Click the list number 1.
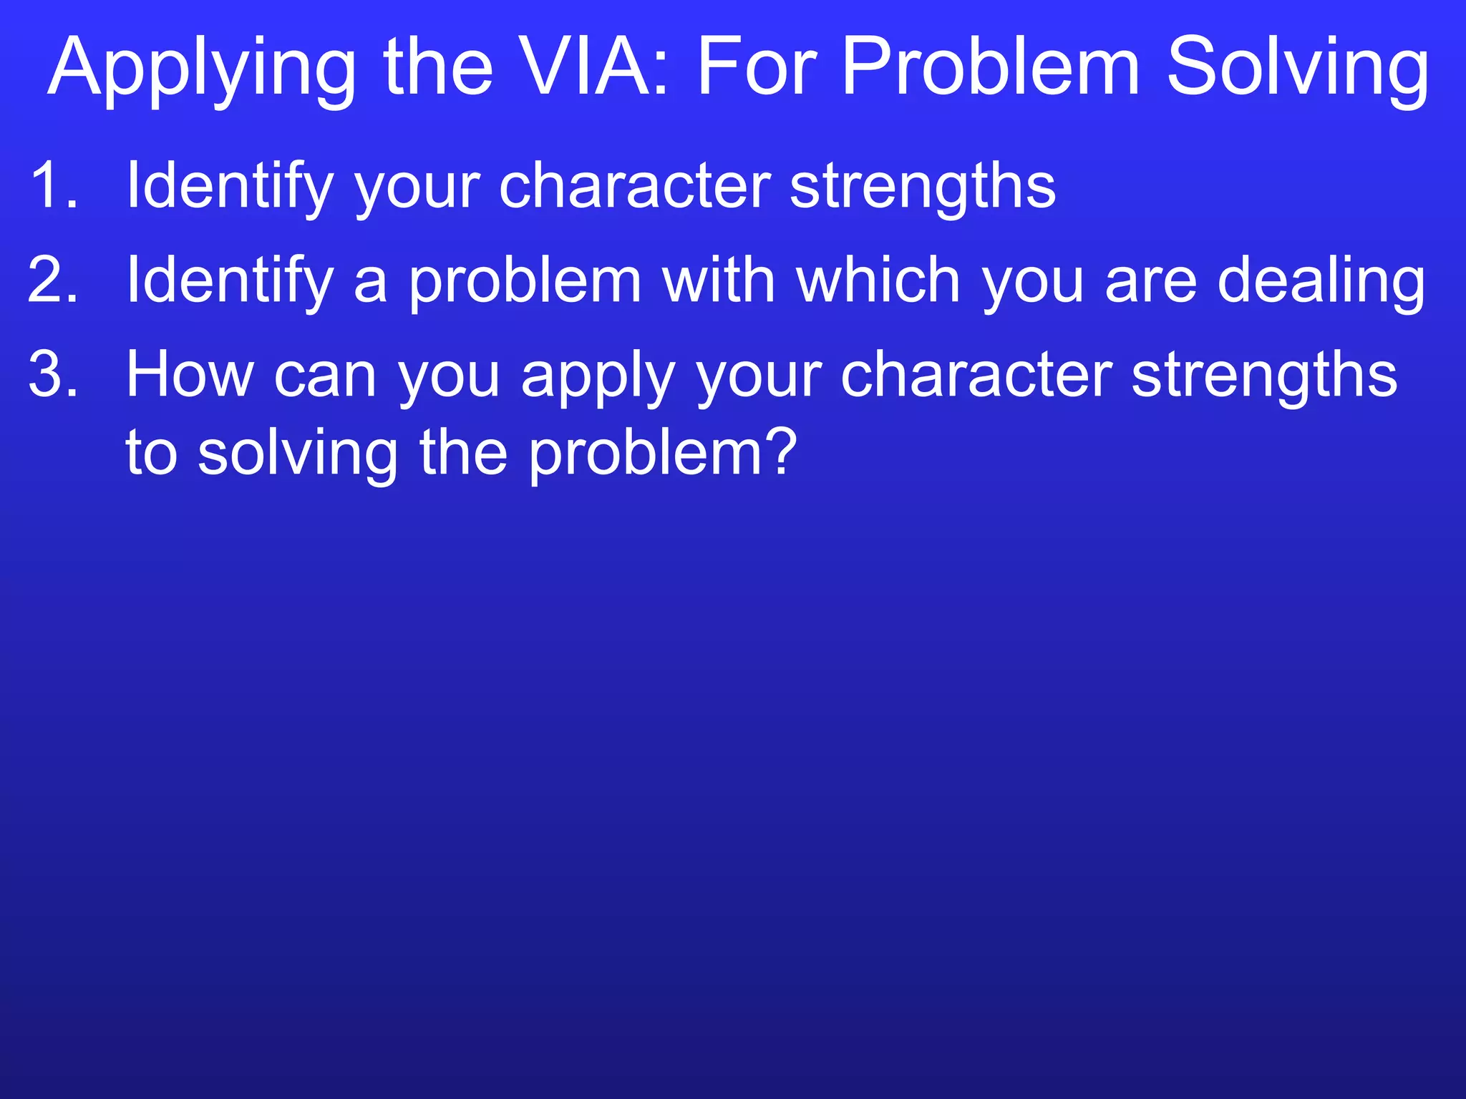[x=53, y=185]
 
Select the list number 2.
[x=53, y=280]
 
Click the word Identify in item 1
[x=230, y=187]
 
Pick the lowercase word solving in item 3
[x=297, y=454]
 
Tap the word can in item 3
[x=325, y=376]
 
